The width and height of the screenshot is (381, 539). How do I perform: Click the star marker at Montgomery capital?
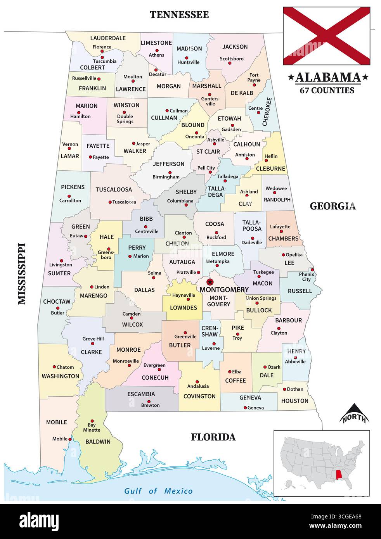[210, 282]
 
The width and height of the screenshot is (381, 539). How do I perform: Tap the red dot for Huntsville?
[187, 58]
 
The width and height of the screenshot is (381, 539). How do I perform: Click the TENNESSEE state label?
[179, 15]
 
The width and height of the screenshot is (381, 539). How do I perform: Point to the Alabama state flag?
[326, 36]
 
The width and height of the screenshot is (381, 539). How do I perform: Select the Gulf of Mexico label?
[158, 491]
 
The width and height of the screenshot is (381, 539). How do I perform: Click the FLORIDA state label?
[213, 437]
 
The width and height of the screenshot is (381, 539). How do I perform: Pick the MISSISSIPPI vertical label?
[22, 273]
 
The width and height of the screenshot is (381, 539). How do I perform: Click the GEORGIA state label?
[333, 206]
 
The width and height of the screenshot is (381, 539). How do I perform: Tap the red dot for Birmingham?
[170, 173]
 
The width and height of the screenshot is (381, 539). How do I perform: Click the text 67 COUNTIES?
[327, 90]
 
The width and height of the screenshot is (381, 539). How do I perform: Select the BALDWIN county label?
[98, 441]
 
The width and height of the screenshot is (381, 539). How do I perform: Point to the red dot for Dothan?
[284, 389]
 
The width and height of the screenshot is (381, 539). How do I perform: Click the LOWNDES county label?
[184, 308]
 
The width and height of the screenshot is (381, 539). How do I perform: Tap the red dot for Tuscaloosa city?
[110, 202]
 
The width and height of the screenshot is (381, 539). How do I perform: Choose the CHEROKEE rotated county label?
[267, 111]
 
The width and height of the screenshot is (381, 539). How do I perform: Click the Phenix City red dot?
[312, 270]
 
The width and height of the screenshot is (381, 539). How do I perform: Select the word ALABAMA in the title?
[328, 77]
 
